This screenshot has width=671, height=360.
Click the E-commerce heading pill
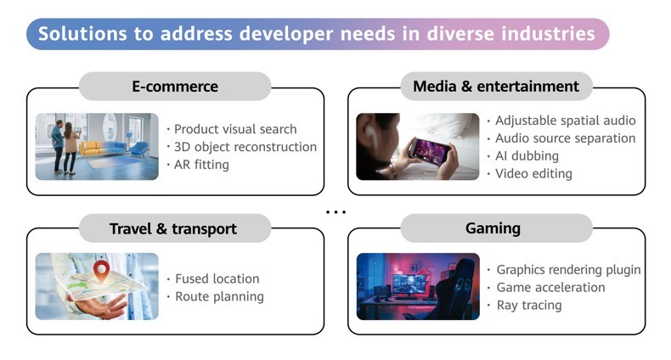tap(175, 87)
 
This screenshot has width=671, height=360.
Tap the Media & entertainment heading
tap(496, 87)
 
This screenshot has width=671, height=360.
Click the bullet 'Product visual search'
tap(235, 129)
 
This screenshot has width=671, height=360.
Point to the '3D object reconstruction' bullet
tap(245, 147)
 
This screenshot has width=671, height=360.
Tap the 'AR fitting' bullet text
tap(201, 165)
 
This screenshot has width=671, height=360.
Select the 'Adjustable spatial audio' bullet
tap(566, 121)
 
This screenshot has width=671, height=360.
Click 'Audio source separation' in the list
tap(566, 138)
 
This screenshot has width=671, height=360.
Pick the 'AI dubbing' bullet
tap(527, 156)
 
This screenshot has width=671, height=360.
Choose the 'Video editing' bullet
tap(533, 173)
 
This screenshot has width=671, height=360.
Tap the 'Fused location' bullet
tap(217, 278)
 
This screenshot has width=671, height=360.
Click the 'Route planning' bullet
tap(219, 296)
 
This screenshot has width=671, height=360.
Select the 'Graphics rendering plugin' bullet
tap(569, 270)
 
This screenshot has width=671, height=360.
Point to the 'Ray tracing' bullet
tap(529, 306)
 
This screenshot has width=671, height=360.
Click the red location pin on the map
tap(101, 271)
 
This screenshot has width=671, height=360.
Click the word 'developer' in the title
tap(286, 34)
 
